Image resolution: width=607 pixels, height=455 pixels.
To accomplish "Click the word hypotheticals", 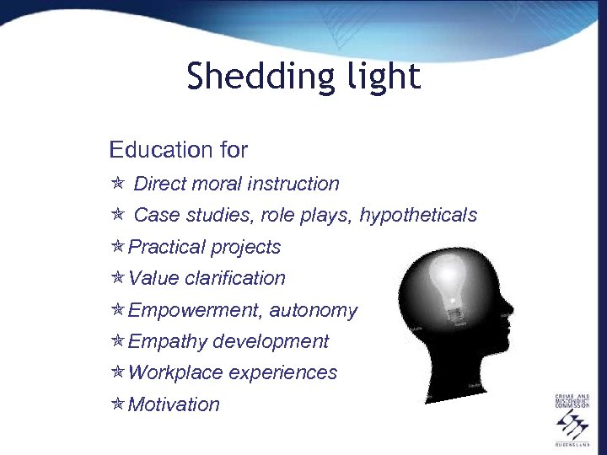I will (x=418, y=216).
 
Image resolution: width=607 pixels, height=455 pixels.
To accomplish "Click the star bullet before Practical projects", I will (x=118, y=247).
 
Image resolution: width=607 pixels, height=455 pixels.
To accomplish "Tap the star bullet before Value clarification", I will (x=118, y=278).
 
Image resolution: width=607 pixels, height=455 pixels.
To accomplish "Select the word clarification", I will (x=235, y=278).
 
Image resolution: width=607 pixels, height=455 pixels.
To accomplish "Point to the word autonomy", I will (x=314, y=311).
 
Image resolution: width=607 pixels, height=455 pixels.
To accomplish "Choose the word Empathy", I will (x=167, y=341).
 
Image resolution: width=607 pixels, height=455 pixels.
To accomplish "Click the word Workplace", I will (x=175, y=372).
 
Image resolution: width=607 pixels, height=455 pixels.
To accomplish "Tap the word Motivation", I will (x=174, y=404).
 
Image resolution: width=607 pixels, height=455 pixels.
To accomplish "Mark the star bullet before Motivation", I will (x=118, y=404).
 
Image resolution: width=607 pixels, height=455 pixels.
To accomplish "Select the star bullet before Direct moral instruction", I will (x=118, y=184).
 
